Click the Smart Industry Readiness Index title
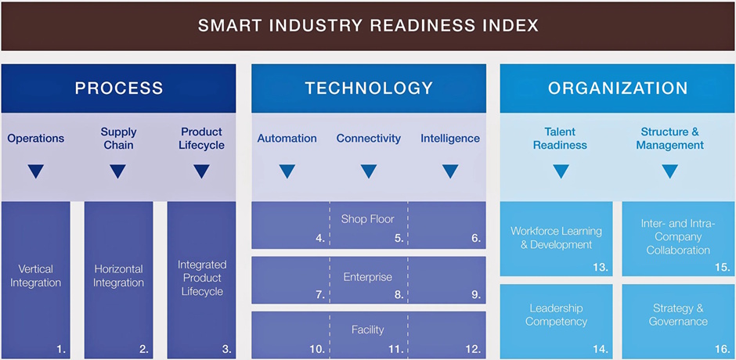[368, 25]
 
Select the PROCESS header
[119, 88]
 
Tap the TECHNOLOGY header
[369, 88]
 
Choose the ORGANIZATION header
[618, 88]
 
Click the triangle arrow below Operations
[35, 171]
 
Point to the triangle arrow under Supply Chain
[118, 171]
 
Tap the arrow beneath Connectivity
[368, 171]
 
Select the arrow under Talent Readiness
[560, 171]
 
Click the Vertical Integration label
[35, 275]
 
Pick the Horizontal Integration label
[118, 275]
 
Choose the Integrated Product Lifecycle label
[202, 278]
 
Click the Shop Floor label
[367, 219]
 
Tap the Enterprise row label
[367, 277]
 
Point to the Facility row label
[367, 330]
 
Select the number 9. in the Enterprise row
[475, 295]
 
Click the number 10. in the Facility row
[316, 349]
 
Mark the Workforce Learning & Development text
[556, 238]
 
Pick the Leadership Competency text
[556, 315]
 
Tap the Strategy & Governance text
[678, 315]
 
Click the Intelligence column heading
[450, 139]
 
